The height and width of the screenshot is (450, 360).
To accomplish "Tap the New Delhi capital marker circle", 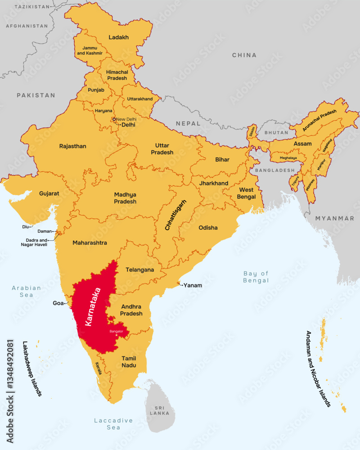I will [114, 119].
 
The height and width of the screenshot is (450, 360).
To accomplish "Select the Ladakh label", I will [119, 37].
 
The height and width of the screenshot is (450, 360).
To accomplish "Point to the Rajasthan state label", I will [72, 146].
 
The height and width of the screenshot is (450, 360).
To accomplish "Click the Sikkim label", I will [252, 131].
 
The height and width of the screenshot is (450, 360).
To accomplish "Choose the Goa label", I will [58, 303].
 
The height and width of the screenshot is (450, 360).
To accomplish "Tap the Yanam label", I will [193, 285].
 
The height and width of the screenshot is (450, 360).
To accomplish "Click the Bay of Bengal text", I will [256, 277].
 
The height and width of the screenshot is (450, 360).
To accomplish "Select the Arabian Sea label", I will [27, 291].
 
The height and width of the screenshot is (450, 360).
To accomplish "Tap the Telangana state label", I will [139, 270].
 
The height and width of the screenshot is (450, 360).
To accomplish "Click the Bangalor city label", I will [116, 332].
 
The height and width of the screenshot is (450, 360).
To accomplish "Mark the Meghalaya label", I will [288, 158].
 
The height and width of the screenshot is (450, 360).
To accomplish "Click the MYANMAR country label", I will [334, 218].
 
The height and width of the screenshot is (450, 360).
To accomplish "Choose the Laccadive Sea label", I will [113, 423].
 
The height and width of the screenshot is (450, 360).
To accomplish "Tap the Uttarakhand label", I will [140, 99].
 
